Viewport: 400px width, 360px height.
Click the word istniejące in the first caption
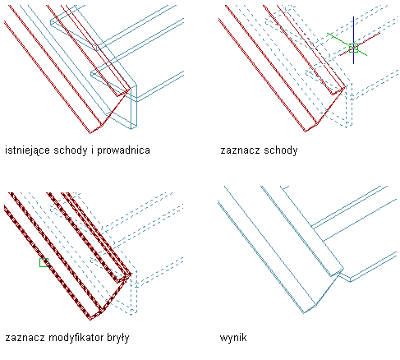pyautogui.click(x=27, y=150)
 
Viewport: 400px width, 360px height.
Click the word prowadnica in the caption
pyautogui.click(x=123, y=150)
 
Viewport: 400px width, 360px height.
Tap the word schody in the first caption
pyautogui.click(x=71, y=150)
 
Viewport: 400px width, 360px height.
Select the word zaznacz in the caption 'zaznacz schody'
pyautogui.click(x=240, y=150)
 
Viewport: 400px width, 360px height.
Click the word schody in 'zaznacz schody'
pyautogui.click(x=280, y=150)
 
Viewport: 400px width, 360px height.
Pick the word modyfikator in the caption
pyautogui.click(x=76, y=338)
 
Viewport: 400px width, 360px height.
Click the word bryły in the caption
pyautogui.click(x=118, y=338)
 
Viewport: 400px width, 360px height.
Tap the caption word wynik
pyautogui.click(x=233, y=338)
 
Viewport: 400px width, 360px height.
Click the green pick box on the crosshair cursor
pyautogui.click(x=353, y=48)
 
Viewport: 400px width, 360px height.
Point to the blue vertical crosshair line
pyautogui.click(x=353, y=40)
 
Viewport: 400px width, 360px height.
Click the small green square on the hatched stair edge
pyautogui.click(x=44, y=262)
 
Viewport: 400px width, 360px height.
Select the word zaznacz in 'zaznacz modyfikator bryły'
pyautogui.click(x=25, y=338)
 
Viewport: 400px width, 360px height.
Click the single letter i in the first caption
pyautogui.click(x=92, y=150)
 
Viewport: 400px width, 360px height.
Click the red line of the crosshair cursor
pyautogui.click(x=360, y=44)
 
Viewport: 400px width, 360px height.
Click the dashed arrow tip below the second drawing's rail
pyautogui.click(x=347, y=127)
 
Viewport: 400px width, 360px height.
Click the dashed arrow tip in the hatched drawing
pyautogui.click(x=131, y=315)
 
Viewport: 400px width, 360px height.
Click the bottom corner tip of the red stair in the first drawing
pyautogui.click(x=90, y=133)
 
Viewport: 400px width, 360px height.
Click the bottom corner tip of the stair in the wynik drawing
pyautogui.click(x=304, y=313)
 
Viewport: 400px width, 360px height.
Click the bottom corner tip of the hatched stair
pyautogui.click(x=90, y=319)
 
